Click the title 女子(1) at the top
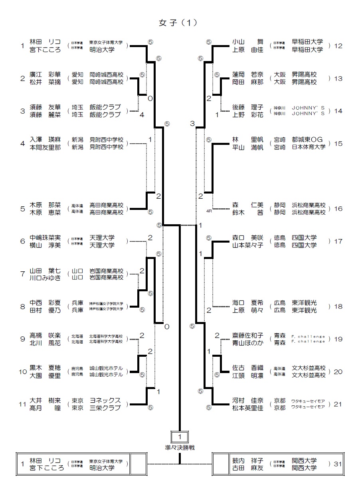pyautogui.click(x=178, y=23)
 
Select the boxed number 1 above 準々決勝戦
pyautogui.click(x=180, y=436)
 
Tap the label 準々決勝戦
pyautogui.click(x=180, y=447)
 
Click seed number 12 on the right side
pyautogui.click(x=338, y=46)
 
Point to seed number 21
pyautogui.click(x=338, y=404)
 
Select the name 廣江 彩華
pyautogui.click(x=45, y=75)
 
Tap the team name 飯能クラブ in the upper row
pyautogui.click(x=105, y=107)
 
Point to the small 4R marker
pyautogui.click(x=209, y=210)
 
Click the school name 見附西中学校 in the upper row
pyautogui.click(x=106, y=140)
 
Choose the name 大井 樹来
pyautogui.click(x=45, y=401)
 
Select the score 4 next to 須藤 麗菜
pyautogui.click(x=141, y=115)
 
